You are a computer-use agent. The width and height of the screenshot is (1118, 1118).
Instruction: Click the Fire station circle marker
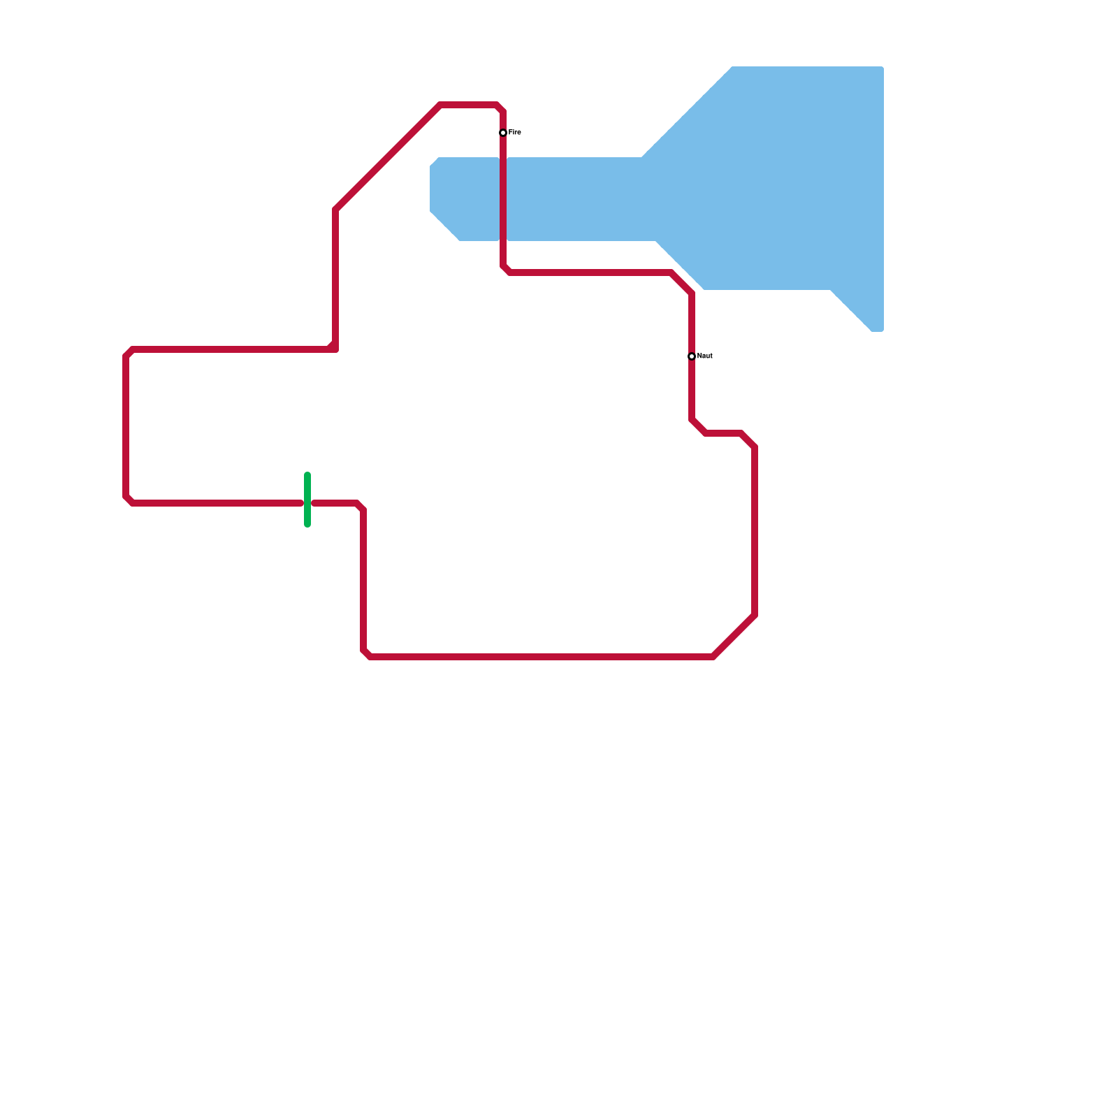tap(503, 133)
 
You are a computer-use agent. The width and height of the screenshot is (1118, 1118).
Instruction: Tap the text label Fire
tap(515, 133)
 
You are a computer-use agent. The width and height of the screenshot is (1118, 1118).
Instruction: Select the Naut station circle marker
tap(692, 356)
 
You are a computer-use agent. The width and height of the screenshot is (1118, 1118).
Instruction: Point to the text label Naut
tap(705, 356)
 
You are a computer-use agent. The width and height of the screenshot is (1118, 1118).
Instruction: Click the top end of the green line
tap(307, 476)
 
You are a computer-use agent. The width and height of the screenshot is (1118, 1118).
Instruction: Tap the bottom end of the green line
tap(307, 524)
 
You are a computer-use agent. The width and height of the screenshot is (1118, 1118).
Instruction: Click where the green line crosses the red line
tap(307, 503)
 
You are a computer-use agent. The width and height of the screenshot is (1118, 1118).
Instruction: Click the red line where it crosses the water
tap(503, 199)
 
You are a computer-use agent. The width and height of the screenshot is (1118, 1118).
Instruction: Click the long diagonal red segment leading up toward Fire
tap(388, 157)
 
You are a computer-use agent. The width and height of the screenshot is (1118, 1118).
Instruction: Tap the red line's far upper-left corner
tap(128, 353)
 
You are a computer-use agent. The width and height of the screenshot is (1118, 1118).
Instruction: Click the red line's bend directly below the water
tap(505, 270)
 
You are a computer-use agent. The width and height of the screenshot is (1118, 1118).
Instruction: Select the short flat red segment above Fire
tap(468, 106)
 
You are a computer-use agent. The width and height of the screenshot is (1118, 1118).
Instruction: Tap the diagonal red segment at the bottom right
tap(734, 636)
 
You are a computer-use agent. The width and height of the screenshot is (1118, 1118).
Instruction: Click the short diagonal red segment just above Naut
tap(681, 283)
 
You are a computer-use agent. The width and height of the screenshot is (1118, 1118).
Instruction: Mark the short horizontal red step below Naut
tap(723, 433)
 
